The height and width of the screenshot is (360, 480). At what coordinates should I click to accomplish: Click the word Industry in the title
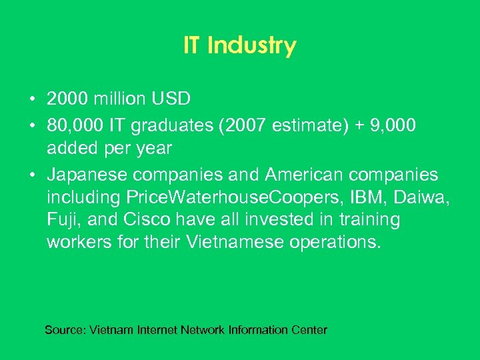pos(252,46)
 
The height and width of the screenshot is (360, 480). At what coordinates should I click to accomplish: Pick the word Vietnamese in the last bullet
pos(231,242)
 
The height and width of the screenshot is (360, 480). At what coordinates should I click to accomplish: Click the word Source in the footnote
pos(64,330)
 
